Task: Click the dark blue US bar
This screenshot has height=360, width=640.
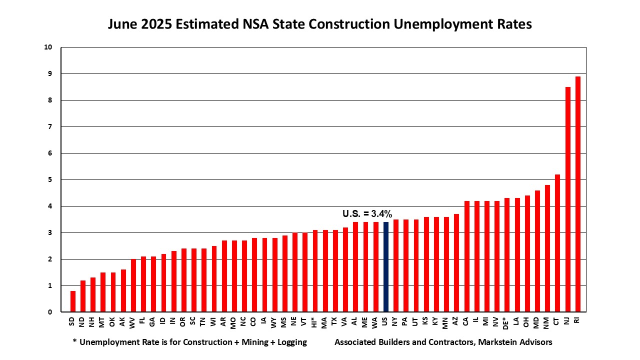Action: coord(385,267)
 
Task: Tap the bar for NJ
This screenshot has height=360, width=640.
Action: coord(567,199)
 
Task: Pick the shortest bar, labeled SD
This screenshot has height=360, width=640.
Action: coord(73,301)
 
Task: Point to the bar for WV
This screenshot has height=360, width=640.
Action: coord(133,285)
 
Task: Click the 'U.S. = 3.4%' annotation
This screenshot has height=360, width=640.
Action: coord(367,213)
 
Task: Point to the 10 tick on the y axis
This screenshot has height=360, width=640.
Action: coord(48,47)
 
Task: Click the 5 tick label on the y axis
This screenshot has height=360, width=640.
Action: coord(49,179)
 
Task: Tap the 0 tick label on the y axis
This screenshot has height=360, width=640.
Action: coord(49,312)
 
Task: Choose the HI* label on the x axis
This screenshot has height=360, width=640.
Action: coord(314,322)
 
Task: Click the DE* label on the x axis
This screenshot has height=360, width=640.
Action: coord(506,322)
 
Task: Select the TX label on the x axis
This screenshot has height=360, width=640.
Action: coord(334,321)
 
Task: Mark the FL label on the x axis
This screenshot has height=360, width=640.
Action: coord(143,320)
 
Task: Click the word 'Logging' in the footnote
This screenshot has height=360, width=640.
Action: coord(291,342)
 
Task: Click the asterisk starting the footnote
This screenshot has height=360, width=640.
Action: coord(74,342)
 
